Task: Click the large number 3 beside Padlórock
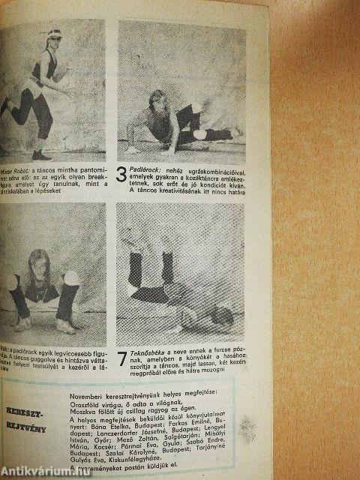(x=123, y=177)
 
